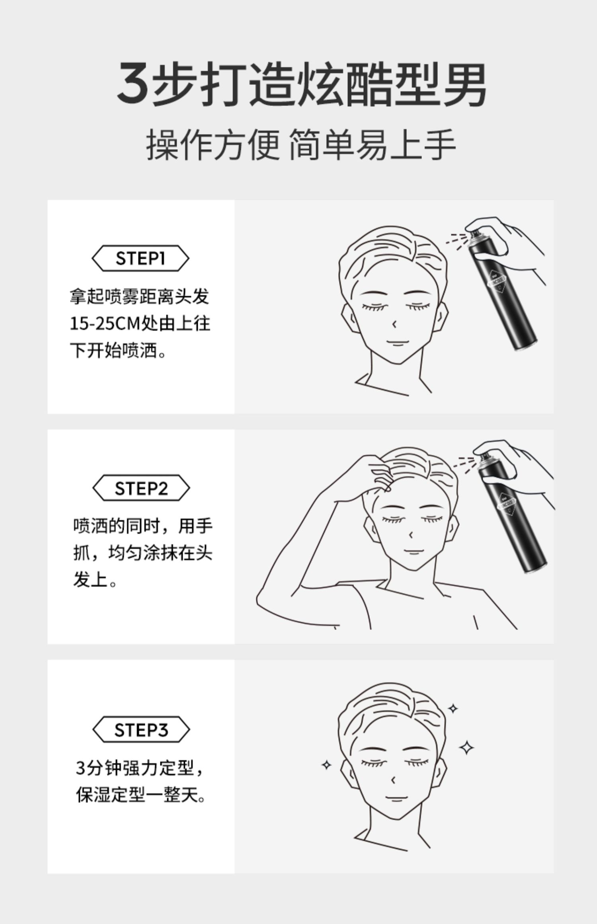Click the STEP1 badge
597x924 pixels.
click(140, 258)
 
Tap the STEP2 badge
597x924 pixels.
click(141, 488)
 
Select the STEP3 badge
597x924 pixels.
click(141, 730)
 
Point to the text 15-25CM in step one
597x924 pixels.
click(105, 324)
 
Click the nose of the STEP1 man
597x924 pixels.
click(394, 325)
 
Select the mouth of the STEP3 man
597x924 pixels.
click(395, 797)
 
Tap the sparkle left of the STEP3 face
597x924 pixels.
click(326, 764)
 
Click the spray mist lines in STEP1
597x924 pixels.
click(456, 240)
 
